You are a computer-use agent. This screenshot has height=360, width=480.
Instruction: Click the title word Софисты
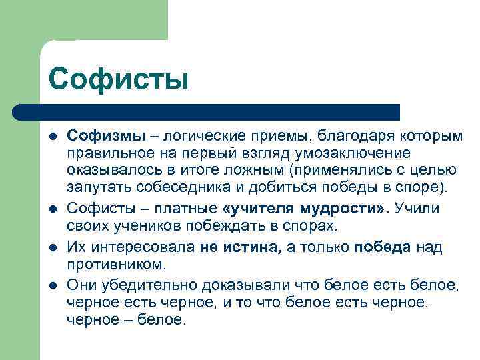(x=119, y=78)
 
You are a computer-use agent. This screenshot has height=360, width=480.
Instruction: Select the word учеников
(x=143, y=225)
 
